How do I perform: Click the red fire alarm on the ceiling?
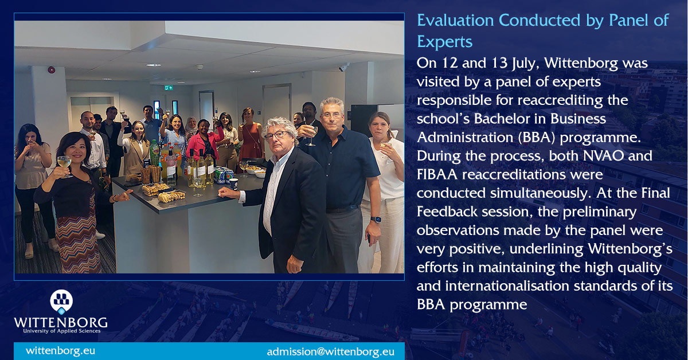51,70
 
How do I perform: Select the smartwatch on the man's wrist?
376,219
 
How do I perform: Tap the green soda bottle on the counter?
154,153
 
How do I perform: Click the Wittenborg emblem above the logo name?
61,300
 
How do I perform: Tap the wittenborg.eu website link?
60,350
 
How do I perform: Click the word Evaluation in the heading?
455,21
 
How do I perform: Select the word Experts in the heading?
445,42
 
